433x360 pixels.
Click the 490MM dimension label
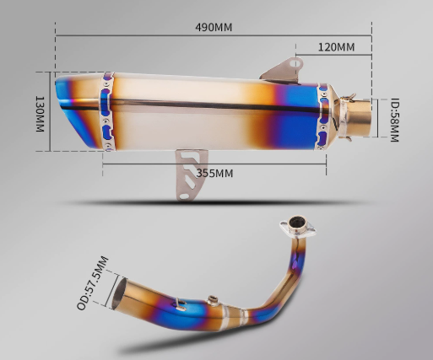[214, 28]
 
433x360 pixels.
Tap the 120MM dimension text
[336, 47]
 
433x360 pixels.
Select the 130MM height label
[40, 114]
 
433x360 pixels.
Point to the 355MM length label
[214, 174]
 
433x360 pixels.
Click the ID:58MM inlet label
[394, 120]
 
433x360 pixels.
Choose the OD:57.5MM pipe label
[93, 283]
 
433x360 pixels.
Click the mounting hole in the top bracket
[295, 63]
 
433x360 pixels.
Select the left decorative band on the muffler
[107, 111]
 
